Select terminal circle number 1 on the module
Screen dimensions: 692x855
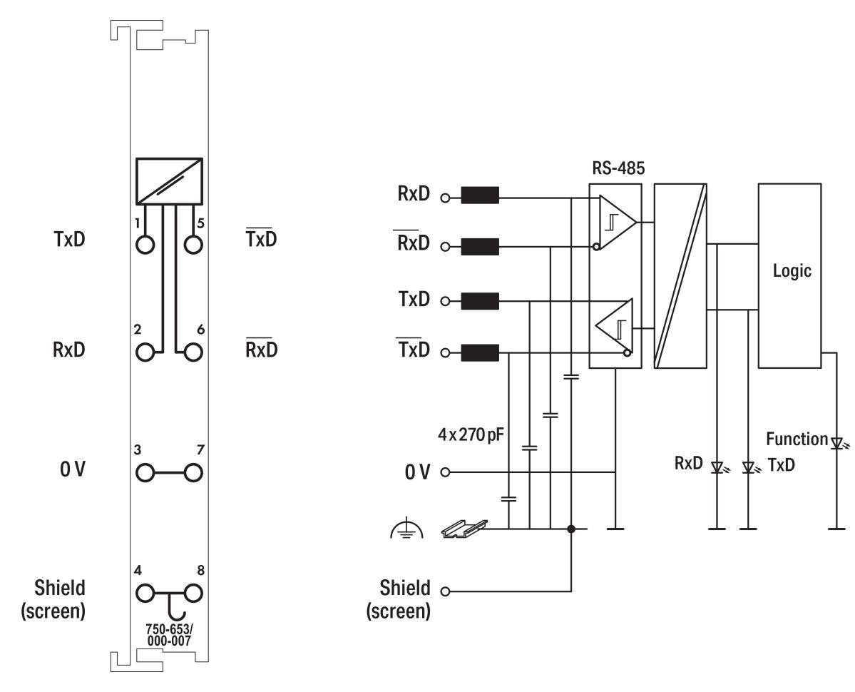pos(145,245)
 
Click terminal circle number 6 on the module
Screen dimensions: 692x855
pos(193,352)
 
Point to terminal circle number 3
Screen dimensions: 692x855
pos(145,472)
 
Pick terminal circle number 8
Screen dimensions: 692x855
pos(193,592)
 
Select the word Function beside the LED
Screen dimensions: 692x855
pos(797,439)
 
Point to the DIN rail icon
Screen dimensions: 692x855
pos(464,529)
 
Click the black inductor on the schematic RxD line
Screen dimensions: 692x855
pos(480,195)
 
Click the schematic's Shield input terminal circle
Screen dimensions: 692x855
pos(446,591)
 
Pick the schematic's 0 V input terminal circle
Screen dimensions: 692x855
pos(446,472)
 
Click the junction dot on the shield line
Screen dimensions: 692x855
pos(571,529)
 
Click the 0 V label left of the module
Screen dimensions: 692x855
pos(71,472)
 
